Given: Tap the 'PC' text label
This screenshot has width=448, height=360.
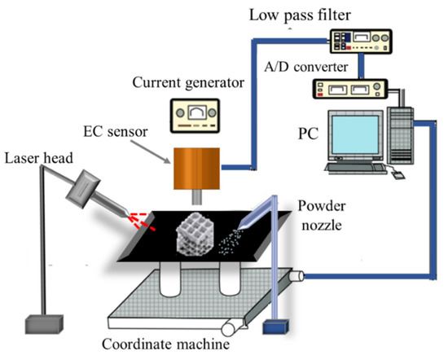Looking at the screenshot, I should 307,133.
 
